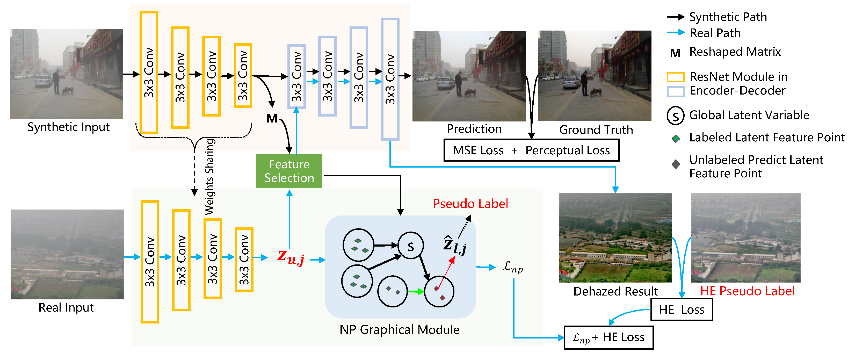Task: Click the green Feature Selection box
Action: pos(289,171)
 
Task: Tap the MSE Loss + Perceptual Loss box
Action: pos(531,150)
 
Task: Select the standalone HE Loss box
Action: pos(682,309)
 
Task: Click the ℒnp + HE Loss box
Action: pos(609,337)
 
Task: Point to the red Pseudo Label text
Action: pos(470,204)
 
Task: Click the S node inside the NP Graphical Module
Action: pos(411,246)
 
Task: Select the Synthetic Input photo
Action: pos(67,74)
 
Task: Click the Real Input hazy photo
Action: pos(67,254)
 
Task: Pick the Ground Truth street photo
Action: pos(595,76)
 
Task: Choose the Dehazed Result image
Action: pos(615,238)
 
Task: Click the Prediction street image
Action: pos(469,76)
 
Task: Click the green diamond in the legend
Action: pos(676,139)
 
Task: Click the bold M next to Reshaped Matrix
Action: pos(675,53)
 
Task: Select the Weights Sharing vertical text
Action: pos(209,177)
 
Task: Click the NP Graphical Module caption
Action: pos(399,329)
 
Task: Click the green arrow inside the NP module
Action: pos(416,292)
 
